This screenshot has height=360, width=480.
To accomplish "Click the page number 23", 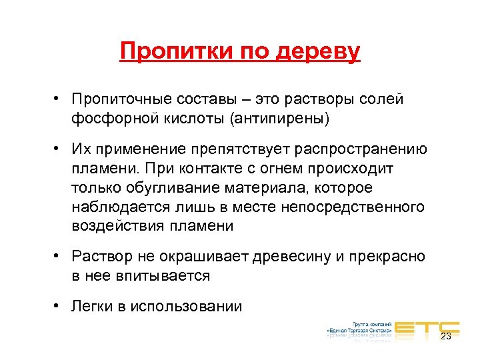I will [x=446, y=336].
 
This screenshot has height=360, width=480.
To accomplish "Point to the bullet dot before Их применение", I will [x=59, y=149].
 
